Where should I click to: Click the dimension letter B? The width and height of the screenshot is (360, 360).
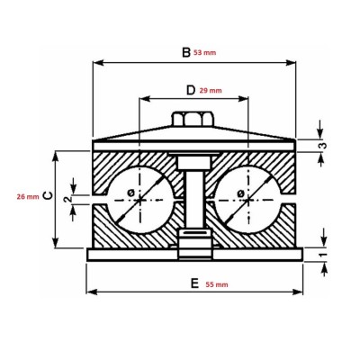click(x=185, y=53)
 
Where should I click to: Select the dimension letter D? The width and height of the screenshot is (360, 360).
click(x=190, y=91)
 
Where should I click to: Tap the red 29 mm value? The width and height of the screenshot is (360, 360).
click(x=212, y=91)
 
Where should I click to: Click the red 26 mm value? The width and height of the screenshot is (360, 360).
click(x=28, y=195)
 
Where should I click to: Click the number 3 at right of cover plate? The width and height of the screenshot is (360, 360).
click(x=321, y=144)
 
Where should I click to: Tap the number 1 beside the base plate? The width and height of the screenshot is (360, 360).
click(x=321, y=255)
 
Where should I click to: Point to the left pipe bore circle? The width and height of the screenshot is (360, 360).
click(x=135, y=193)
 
